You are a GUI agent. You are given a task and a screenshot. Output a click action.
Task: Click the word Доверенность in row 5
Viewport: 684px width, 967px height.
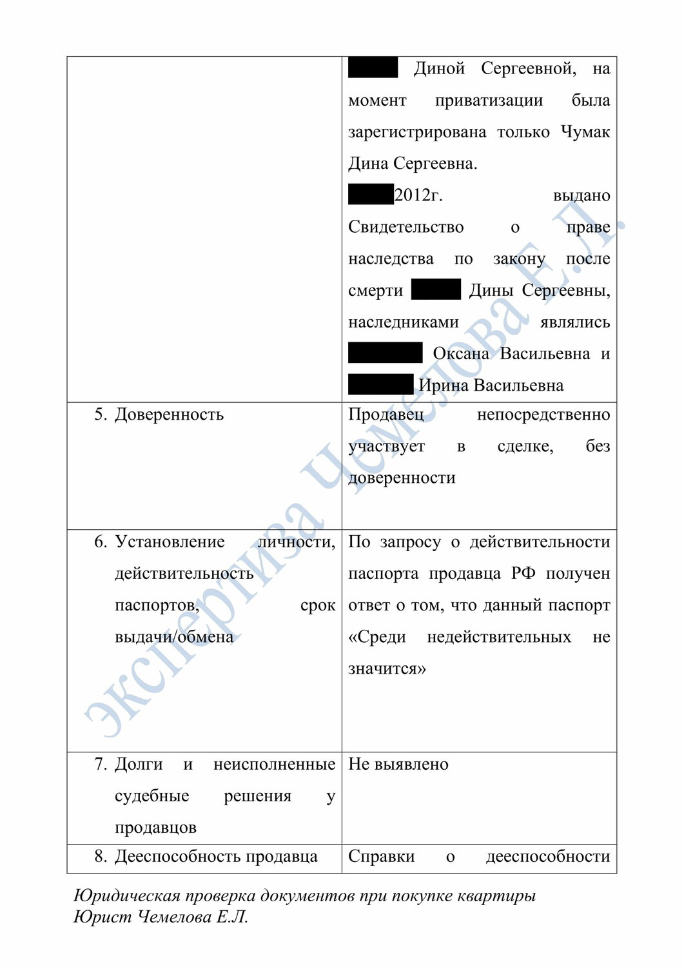point(169,415)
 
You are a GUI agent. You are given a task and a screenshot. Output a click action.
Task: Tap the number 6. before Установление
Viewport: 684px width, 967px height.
point(101,542)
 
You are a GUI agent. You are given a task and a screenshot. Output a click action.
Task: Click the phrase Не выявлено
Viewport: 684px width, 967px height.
point(398,765)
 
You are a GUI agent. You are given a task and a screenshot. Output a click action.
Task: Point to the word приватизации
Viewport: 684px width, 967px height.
point(489,101)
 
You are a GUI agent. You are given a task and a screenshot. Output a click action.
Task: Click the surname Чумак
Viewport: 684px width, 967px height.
point(585,132)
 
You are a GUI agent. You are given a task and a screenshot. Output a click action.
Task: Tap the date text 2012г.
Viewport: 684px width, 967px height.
point(418,195)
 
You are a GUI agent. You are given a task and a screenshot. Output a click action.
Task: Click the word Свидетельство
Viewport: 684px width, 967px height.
point(406,227)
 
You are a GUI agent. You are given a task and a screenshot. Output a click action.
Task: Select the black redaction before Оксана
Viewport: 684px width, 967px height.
point(385,353)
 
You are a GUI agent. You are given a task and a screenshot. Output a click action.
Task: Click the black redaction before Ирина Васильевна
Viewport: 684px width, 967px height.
point(380,385)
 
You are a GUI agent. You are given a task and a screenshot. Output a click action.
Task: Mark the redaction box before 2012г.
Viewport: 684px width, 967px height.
point(371,195)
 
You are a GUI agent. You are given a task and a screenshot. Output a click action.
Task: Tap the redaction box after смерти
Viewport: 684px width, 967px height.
point(436,289)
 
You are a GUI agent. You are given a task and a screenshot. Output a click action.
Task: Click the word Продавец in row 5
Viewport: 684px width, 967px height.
point(386,415)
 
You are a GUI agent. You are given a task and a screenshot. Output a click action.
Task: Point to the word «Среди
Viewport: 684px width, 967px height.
point(377,637)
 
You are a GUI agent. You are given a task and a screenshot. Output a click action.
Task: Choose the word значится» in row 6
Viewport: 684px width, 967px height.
point(387,669)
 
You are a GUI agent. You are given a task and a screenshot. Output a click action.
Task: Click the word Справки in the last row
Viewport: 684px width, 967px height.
point(381,857)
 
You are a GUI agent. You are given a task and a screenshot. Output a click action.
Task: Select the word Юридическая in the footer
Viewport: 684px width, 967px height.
point(126,895)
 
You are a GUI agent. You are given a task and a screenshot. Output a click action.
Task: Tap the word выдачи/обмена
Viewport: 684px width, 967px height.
point(174,637)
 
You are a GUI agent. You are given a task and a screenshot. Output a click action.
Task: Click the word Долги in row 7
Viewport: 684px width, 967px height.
point(139,765)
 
